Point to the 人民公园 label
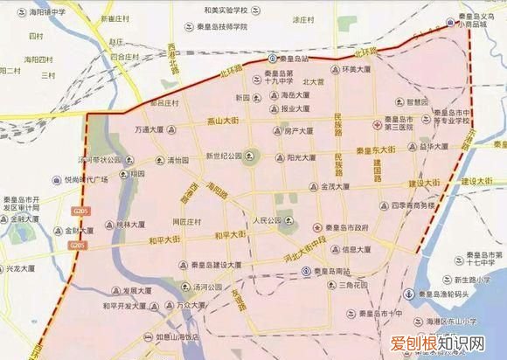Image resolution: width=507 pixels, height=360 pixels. (x=267, y=219)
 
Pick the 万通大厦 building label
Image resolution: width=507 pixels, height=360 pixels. (x=149, y=129)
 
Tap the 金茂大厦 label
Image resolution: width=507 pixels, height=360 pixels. (x=336, y=187)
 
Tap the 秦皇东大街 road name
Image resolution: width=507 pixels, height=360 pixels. (x=380, y=150)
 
